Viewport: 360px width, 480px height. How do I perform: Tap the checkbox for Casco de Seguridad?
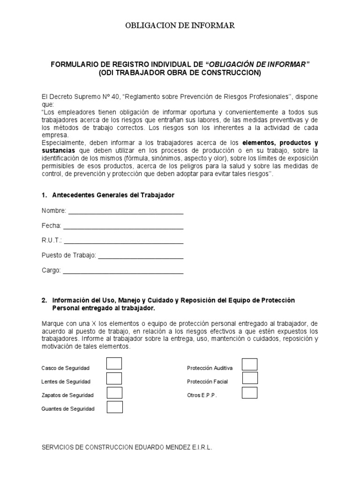tap(114, 364)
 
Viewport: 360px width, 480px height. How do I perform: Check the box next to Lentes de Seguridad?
tap(114, 378)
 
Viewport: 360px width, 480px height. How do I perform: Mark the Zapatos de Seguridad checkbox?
tap(114, 392)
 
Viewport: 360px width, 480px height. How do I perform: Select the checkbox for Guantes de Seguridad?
tap(114, 407)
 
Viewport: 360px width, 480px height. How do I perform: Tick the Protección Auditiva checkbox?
tap(249, 364)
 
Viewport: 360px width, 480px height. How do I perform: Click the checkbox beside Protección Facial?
tap(249, 378)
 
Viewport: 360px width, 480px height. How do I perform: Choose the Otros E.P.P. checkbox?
tap(249, 392)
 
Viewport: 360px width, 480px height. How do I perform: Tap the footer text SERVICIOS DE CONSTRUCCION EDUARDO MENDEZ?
tap(127, 448)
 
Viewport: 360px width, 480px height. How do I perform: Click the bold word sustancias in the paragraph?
tap(58, 150)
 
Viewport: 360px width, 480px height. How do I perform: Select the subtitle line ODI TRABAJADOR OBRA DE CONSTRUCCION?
tap(180, 73)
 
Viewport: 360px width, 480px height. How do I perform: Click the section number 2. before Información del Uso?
tap(44, 300)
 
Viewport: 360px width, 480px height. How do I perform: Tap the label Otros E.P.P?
tap(202, 395)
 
